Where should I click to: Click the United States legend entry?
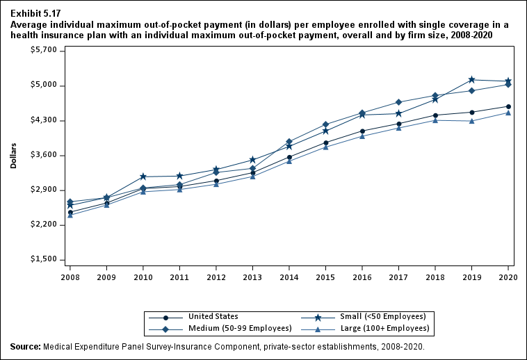tap(213, 316)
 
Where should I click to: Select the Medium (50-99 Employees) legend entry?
tap(236, 328)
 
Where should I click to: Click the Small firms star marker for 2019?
tap(472, 80)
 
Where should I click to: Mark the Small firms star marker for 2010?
tap(143, 177)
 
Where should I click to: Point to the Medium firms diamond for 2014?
tap(289, 142)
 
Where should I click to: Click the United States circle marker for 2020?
tap(508, 106)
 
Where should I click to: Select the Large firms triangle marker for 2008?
tap(70, 215)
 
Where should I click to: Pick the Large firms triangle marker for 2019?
tap(472, 121)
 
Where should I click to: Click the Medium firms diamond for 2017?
tap(398, 102)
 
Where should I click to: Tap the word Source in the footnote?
tap(25, 346)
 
